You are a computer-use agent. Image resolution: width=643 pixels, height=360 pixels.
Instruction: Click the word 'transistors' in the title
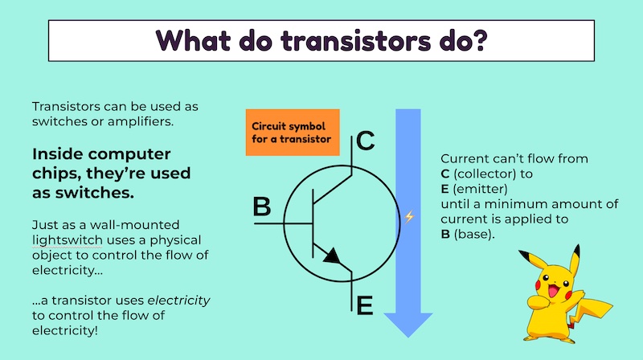click(356, 41)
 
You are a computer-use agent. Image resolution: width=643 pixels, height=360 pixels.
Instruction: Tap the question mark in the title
click(479, 40)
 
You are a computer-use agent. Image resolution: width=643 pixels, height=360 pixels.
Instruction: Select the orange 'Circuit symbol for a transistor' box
click(293, 133)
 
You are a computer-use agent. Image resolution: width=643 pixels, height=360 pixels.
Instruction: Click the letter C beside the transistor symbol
click(365, 141)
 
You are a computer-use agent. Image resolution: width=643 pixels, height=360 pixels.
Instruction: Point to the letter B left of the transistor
click(262, 207)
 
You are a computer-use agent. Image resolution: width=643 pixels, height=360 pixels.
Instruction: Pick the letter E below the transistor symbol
click(365, 305)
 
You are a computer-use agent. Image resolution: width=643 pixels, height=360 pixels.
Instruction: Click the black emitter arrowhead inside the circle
click(332, 256)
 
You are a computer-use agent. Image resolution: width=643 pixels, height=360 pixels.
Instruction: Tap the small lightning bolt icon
click(409, 216)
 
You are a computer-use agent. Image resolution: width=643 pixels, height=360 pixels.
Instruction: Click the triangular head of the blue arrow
click(408, 325)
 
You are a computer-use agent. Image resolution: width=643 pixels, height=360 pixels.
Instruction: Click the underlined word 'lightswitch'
click(68, 239)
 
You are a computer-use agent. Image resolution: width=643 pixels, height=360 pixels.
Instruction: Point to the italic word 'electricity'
click(178, 301)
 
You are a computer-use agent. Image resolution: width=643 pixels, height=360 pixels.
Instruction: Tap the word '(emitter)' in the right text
click(480, 189)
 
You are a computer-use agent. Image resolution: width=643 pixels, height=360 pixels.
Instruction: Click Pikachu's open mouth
click(553, 291)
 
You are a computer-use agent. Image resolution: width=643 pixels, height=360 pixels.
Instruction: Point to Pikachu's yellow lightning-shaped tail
click(591, 307)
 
